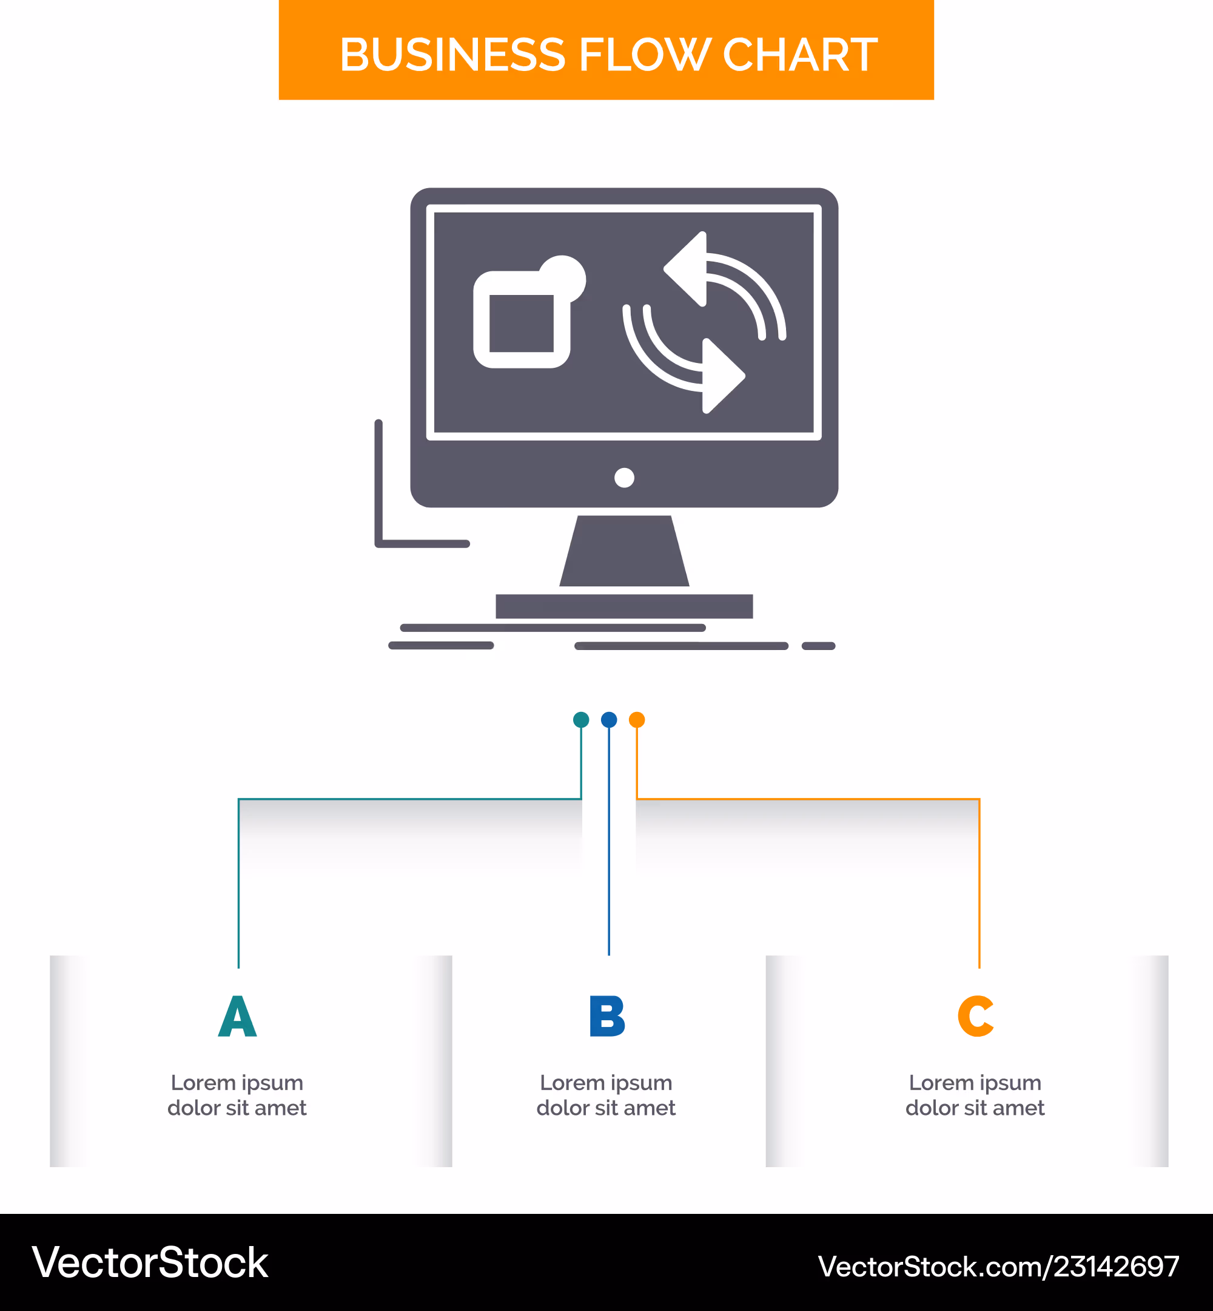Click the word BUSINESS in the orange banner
452,55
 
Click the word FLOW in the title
645,55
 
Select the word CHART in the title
800,55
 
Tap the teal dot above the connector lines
581,720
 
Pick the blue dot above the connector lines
609,720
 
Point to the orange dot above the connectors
637,720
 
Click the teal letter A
238,1016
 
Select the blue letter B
607,1016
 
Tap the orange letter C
976,1016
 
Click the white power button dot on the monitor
624,478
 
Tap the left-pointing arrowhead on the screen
686,269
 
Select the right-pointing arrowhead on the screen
724,376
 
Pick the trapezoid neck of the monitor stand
624,550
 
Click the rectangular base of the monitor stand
624,606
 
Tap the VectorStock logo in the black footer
150,1262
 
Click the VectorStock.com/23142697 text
998,1266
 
